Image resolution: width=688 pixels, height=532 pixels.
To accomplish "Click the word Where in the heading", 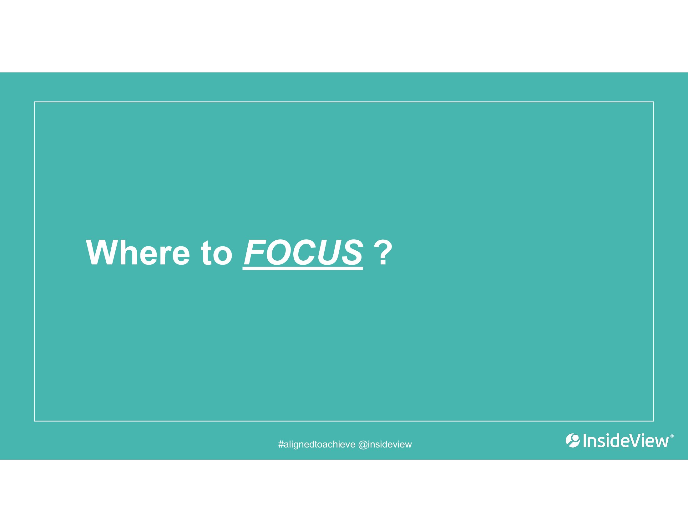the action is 138,253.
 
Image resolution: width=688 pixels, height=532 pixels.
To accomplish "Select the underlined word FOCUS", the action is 303,253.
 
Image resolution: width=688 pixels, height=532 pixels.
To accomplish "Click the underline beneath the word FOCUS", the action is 303,269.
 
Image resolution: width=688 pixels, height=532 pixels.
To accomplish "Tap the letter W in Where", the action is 102,253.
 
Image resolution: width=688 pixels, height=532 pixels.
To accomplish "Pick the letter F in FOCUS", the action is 255,253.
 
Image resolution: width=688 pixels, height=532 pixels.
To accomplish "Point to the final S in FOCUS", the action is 352,253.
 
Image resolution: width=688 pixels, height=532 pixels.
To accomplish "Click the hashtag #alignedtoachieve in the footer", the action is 316,445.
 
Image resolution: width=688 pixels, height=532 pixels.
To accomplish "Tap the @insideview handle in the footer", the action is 385,444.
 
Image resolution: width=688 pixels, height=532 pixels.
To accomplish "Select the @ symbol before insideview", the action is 363,445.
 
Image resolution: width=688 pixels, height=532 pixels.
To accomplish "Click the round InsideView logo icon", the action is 573,441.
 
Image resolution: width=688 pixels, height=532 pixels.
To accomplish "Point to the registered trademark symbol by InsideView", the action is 672,436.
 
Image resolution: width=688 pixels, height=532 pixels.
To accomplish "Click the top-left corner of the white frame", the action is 34,102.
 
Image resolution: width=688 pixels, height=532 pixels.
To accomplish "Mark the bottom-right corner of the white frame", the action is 654,421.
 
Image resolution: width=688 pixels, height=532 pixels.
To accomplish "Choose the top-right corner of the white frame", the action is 654,102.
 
